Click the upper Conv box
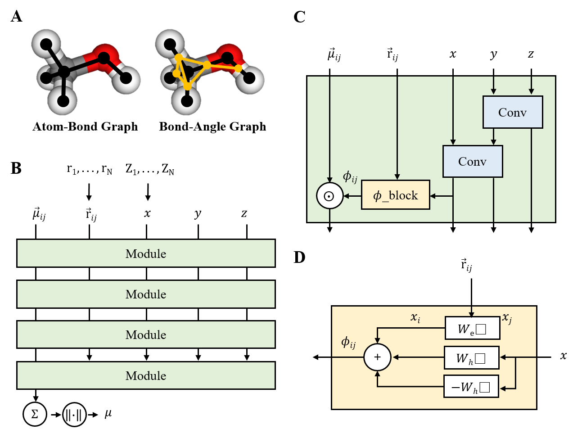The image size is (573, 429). [x=512, y=112]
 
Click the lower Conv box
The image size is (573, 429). [x=472, y=161]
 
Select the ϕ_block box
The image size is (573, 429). [x=395, y=195]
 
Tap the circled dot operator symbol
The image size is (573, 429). [x=329, y=196]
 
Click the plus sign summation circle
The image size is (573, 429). [x=377, y=357]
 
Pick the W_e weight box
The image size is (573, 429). [x=472, y=328]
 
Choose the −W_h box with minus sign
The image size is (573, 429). [x=471, y=387]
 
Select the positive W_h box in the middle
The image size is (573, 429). [x=471, y=358]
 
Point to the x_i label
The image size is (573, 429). [x=415, y=317]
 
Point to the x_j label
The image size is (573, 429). [x=507, y=318]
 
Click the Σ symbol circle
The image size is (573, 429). [x=35, y=414]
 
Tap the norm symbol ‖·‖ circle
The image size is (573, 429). [x=74, y=415]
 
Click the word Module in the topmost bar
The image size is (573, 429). [x=146, y=254]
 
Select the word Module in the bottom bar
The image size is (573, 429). [x=146, y=376]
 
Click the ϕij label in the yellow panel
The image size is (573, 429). [x=348, y=342]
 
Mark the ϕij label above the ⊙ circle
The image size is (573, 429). [x=350, y=176]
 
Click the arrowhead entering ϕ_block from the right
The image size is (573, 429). [x=433, y=196]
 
